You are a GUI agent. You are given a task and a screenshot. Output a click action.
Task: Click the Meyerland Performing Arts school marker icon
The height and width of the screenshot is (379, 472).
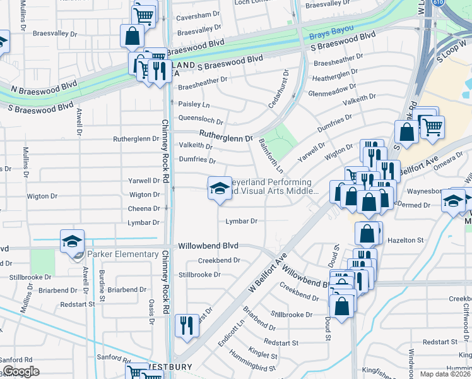(220, 188)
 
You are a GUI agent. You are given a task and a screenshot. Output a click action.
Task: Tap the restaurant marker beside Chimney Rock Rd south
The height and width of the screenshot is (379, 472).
(186, 326)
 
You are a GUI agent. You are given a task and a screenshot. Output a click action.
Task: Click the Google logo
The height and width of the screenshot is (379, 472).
(21, 371)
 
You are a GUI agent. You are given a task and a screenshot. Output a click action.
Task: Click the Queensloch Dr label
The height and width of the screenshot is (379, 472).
(201, 121)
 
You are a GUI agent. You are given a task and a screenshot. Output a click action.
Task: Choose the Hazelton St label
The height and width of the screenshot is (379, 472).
(406, 241)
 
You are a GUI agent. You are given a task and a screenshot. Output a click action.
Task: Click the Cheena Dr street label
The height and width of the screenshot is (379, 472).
(144, 209)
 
